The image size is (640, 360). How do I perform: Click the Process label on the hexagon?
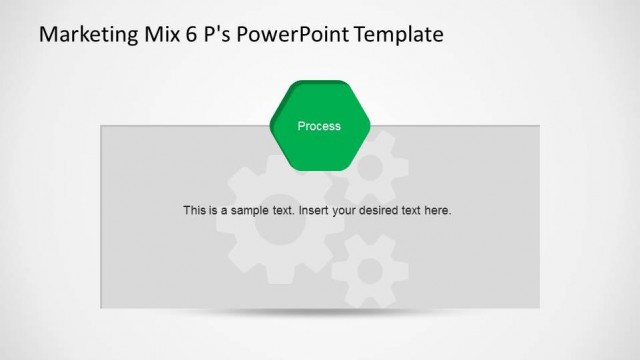coord(319,126)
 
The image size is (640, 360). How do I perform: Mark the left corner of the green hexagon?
coord(271,126)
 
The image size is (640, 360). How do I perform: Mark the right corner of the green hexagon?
coord(369,126)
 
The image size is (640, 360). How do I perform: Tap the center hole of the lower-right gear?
coord(371,270)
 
